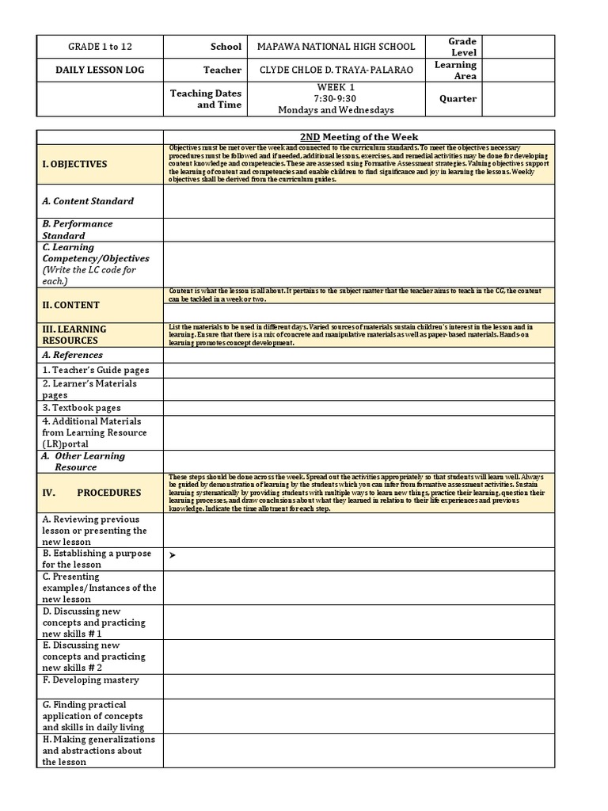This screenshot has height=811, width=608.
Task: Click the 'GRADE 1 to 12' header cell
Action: (100, 47)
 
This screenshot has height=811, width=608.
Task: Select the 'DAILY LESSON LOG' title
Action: (100, 70)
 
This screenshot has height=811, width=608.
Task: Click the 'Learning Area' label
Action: (455, 70)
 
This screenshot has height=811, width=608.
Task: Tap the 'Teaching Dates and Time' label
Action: (207, 99)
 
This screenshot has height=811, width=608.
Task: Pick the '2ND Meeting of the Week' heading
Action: (360, 137)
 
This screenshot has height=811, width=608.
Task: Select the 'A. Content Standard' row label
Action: (88, 201)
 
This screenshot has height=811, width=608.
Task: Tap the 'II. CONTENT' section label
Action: (70, 305)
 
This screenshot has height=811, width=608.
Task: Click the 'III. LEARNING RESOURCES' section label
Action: (74, 334)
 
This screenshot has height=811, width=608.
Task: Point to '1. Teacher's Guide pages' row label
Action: (96, 370)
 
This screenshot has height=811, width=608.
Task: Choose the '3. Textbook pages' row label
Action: (82, 408)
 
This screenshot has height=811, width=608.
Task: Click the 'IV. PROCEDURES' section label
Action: (92, 493)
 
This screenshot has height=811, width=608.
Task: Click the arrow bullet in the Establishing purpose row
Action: (173, 556)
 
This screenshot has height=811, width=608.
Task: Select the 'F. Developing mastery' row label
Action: (91, 680)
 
